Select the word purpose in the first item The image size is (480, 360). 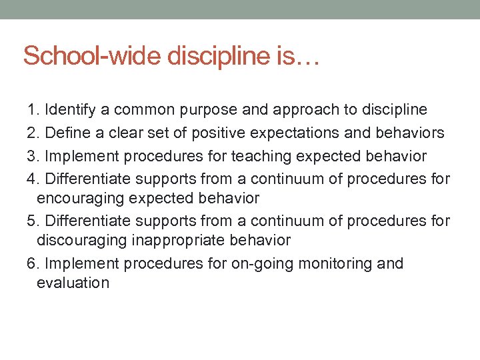click(x=219, y=109)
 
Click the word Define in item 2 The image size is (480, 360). click(x=65, y=133)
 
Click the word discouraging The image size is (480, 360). click(x=81, y=239)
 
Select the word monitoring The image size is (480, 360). click(x=337, y=263)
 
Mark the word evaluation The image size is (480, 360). click(x=73, y=282)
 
